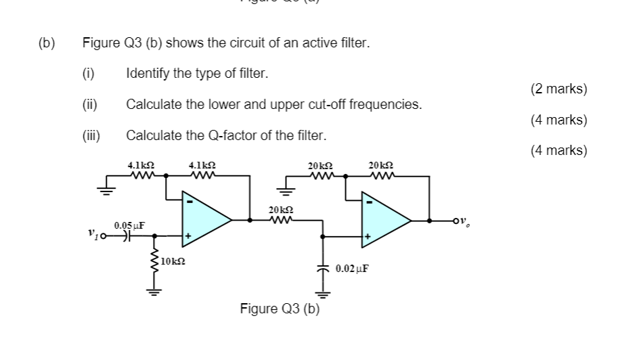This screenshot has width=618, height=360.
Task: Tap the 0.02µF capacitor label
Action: coord(352,269)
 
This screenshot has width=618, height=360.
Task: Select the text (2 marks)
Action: coord(558,89)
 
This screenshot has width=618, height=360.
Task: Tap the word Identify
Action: coord(148,73)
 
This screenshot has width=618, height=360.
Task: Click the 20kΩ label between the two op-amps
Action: coord(280,210)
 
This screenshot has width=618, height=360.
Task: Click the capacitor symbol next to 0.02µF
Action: coord(322,269)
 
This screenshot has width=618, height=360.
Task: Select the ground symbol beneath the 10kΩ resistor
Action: coord(156,293)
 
